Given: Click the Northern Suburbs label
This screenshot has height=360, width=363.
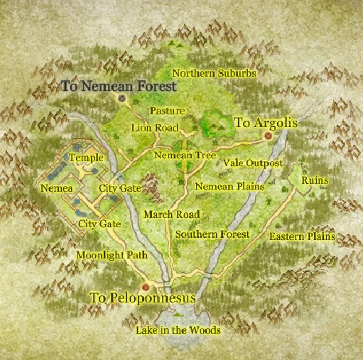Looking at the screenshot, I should tap(214, 72).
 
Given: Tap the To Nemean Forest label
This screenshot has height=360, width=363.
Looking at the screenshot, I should tap(118, 85).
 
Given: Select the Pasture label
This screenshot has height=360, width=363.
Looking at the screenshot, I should tap(168, 111).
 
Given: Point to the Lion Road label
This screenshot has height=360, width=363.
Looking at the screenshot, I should tap(156, 127).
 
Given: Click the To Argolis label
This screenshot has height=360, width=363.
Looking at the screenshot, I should tap(265, 123).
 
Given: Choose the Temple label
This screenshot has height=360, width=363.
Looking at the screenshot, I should tap(86, 157).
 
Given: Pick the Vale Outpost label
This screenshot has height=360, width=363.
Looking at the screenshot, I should tap(253, 163).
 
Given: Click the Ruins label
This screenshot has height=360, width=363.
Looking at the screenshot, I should tap(314, 180).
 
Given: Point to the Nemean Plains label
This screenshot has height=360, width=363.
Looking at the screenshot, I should tap(229, 186).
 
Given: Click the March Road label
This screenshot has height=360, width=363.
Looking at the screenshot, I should tap(171, 214).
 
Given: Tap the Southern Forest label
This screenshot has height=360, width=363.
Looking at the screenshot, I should tap(212, 234).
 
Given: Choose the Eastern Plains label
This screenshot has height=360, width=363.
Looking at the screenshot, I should tap(302, 236).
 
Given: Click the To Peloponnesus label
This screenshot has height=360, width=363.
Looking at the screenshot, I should tap(142, 298).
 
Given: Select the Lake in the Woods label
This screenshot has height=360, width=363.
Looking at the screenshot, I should tap(178, 330).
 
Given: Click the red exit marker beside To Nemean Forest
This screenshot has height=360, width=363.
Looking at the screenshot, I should tap(122, 98).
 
